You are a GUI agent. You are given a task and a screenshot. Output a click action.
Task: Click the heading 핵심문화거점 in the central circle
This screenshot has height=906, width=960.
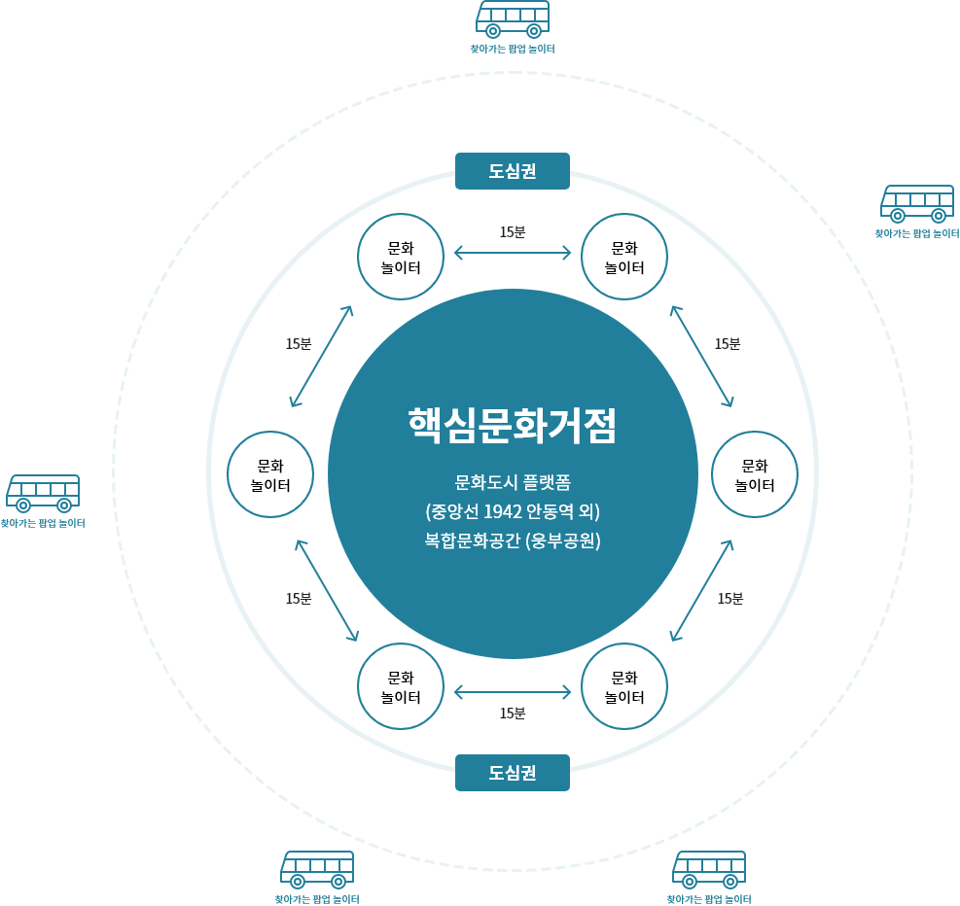click(513, 425)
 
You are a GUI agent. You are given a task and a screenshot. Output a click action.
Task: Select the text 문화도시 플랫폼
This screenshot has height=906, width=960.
click(513, 483)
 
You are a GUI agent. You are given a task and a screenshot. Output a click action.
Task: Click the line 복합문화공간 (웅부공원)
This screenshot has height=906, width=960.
click(513, 540)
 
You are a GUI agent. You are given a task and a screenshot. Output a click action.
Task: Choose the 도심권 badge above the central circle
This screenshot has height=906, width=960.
click(513, 171)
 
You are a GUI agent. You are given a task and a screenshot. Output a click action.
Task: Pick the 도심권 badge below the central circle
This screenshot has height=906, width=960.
click(513, 773)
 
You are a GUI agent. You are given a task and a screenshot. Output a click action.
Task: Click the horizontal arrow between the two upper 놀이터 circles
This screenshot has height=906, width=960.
click(513, 252)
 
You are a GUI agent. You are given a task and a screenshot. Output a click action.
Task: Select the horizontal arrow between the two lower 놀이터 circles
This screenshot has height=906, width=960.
click(513, 692)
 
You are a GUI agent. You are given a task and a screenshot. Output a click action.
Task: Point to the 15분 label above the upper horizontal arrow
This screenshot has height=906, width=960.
click(513, 232)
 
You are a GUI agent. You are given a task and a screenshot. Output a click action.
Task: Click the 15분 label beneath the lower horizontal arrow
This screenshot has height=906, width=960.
click(513, 714)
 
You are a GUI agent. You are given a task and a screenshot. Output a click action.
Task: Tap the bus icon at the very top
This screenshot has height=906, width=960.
click(513, 19)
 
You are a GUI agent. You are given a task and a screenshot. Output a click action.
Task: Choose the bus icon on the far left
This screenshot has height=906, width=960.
click(43, 493)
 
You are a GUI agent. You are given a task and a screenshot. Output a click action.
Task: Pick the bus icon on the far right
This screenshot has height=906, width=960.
click(917, 204)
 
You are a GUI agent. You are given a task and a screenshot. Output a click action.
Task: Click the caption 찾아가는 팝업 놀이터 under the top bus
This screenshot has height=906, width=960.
click(513, 49)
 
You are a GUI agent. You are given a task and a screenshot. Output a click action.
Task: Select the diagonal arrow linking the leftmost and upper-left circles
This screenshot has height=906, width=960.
click(321, 356)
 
